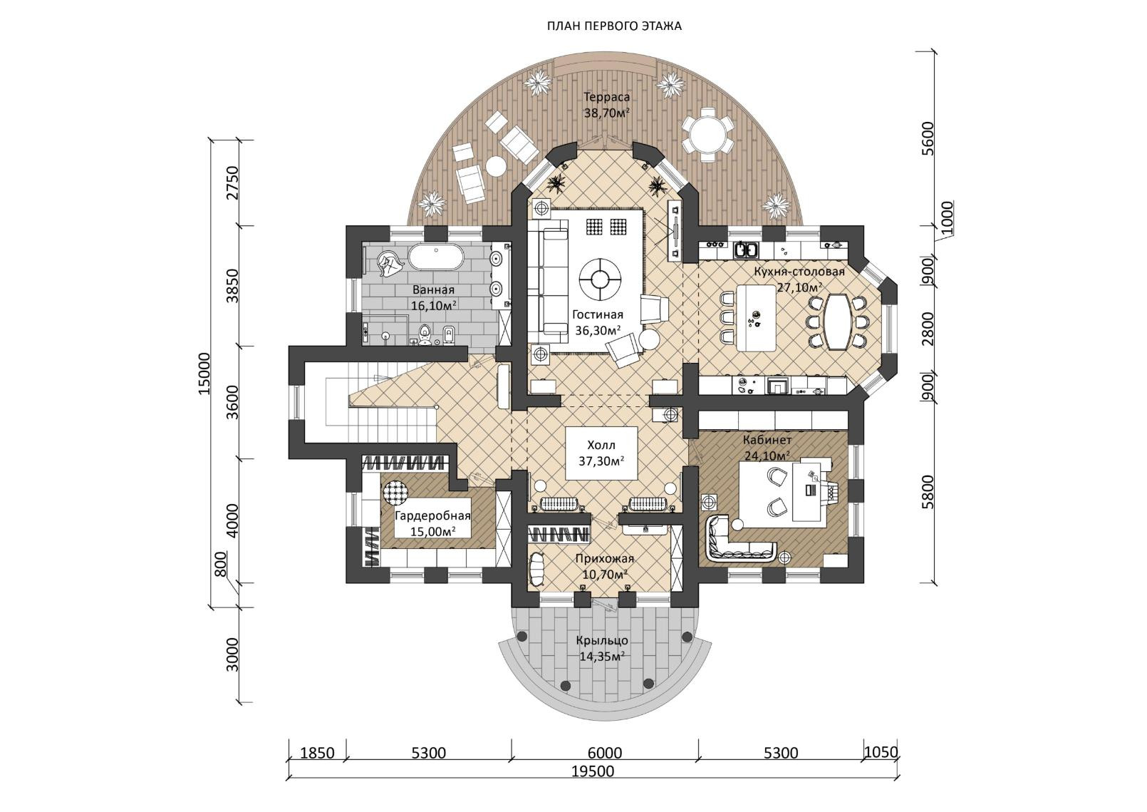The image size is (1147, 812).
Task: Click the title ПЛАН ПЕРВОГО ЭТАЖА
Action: coord(614,26)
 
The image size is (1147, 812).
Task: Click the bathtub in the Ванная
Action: coord(435,257)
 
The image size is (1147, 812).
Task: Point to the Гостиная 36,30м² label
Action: coord(597,322)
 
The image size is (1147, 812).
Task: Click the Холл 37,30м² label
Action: coord(601,453)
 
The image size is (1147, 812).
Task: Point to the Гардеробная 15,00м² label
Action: coord(433,524)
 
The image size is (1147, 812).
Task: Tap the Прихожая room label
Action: coord(604,566)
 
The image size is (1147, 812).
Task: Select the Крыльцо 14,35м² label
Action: coord(603,648)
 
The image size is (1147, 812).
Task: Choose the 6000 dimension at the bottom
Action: coord(605,753)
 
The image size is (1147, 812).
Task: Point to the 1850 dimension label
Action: coord(317,753)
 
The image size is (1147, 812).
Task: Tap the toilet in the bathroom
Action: coord(425,333)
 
